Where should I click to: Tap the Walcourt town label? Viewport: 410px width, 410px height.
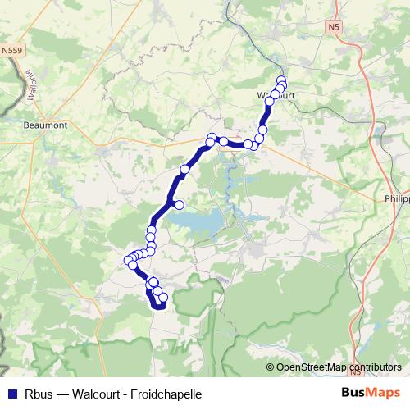click(276, 95)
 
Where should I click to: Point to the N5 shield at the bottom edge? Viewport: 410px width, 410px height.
click(355, 371)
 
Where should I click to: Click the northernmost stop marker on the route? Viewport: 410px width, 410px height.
click(281, 80)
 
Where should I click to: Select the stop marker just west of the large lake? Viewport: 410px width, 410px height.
click(179, 204)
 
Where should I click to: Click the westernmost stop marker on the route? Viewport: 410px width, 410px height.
click(128, 262)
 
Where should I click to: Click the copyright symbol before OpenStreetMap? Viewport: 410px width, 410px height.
click(270, 367)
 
